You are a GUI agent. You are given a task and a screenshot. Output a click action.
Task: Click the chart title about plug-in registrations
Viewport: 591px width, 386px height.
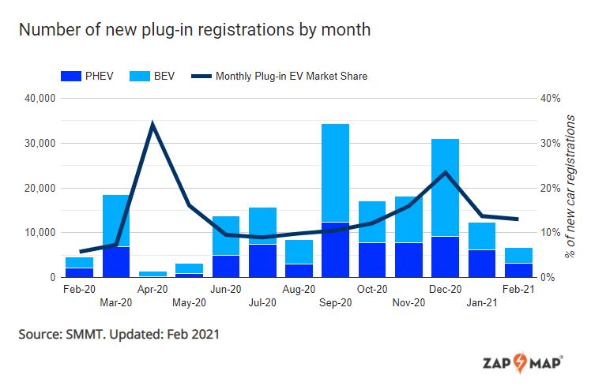coord(194,30)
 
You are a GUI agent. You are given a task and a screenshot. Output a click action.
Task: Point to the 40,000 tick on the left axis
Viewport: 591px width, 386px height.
coord(37,99)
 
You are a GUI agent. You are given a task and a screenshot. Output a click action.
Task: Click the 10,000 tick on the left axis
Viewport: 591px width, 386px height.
coord(37,233)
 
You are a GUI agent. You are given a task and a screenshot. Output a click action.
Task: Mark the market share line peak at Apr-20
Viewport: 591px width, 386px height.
coord(152,124)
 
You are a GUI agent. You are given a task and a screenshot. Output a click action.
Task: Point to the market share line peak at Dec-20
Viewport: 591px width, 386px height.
coord(446,172)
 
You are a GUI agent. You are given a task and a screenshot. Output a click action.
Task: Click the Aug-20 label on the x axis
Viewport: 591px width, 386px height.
coord(299,290)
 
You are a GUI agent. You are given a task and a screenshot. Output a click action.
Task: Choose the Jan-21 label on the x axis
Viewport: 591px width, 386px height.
coord(482,302)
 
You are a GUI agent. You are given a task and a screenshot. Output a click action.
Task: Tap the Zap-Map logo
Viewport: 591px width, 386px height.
coord(522,364)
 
